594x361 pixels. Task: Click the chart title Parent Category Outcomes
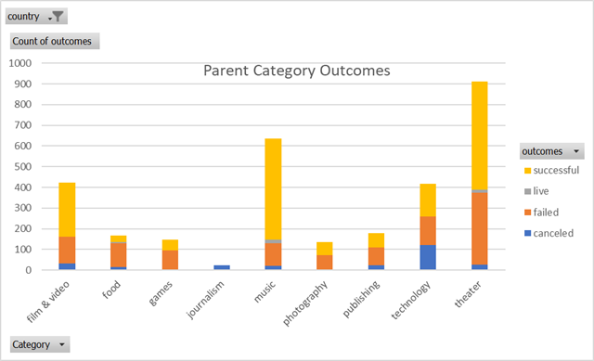pyautogui.click(x=296, y=71)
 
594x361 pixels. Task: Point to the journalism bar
pyautogui.click(x=221, y=267)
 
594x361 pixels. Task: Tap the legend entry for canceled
pyautogui.click(x=551, y=233)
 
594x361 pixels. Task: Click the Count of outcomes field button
pyautogui.click(x=55, y=41)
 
